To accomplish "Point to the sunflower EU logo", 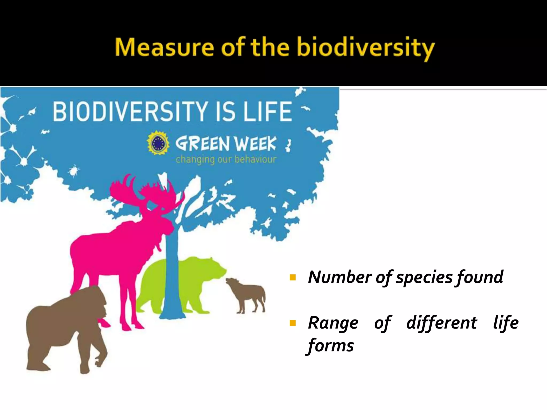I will click(158, 143).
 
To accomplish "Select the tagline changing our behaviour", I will click(226, 160).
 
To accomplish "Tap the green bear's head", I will click(214, 270).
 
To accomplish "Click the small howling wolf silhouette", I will click(247, 295).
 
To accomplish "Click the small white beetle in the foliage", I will click(73, 170).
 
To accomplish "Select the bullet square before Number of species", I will click(293, 278).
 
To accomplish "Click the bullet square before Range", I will click(293, 324).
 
